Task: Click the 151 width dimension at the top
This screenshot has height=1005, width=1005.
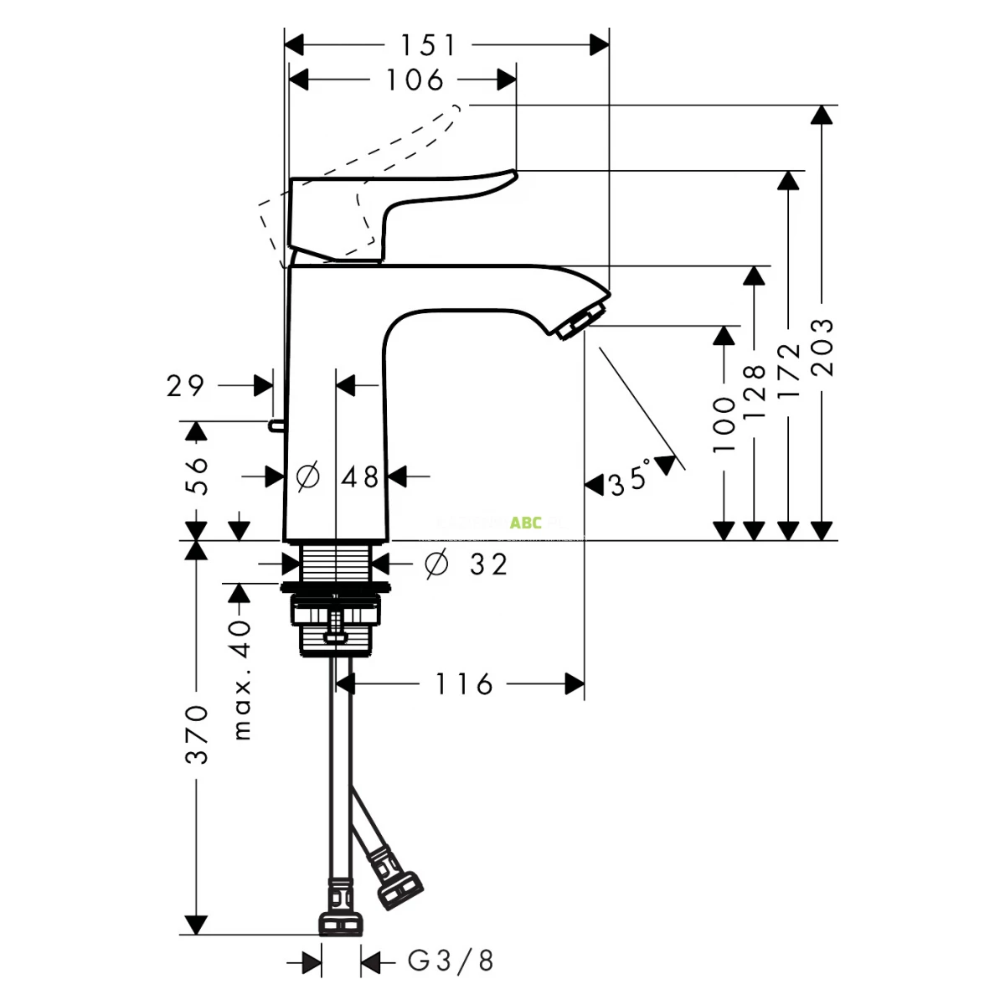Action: pos(428,44)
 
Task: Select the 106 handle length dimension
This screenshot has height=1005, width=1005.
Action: pos(415,80)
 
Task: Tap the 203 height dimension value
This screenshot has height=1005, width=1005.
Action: pos(823,347)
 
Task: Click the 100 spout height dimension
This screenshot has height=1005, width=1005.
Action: pos(724,425)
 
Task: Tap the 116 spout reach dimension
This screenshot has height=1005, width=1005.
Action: pos(464,684)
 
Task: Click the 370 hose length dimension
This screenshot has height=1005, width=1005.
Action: pos(196,734)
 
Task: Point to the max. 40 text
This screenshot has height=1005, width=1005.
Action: pos(241,680)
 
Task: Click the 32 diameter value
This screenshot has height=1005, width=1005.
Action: pos(488,564)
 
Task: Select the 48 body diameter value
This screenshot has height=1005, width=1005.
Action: pos(360,477)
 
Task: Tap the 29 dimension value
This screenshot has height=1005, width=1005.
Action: pos(185,386)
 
